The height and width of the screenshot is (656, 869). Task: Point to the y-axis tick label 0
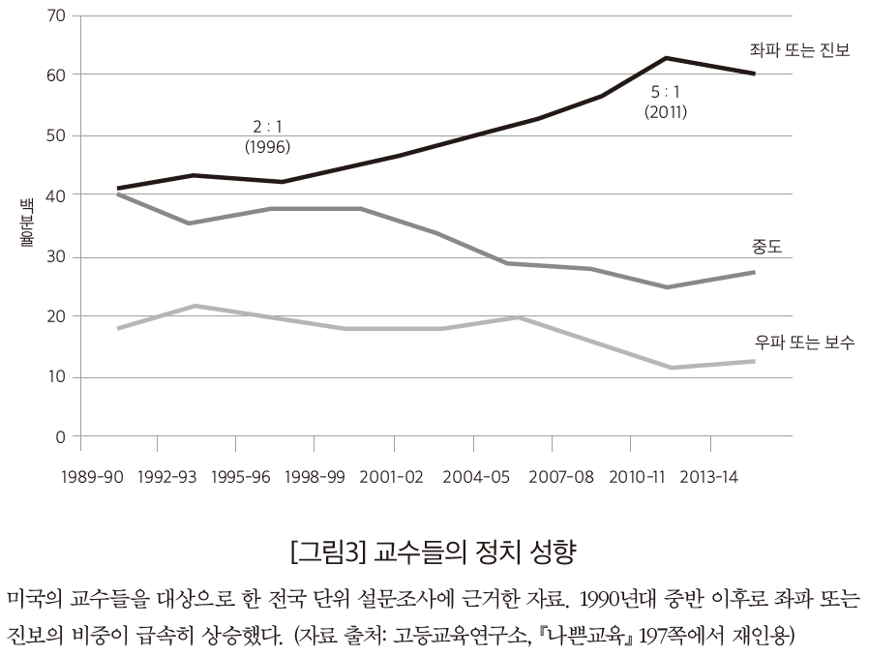61,437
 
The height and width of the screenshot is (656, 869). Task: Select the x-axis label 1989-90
91,477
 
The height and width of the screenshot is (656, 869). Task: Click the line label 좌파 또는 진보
799,50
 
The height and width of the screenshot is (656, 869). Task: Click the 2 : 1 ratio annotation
268,128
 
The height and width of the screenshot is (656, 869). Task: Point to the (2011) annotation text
665,111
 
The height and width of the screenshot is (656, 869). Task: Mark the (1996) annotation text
268,147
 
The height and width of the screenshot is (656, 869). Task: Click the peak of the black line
667,58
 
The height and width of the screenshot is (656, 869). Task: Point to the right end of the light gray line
754,361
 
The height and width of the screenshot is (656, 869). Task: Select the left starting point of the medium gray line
118,194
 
